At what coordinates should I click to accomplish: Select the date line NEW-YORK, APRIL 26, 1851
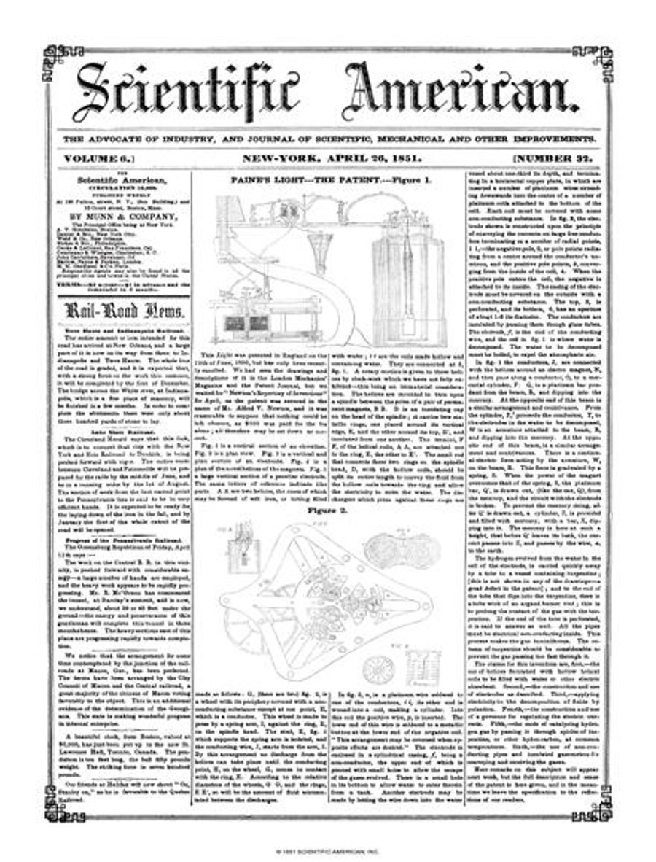328,157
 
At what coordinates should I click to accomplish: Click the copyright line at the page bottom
328,850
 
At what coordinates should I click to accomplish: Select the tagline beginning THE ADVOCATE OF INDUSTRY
328,138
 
